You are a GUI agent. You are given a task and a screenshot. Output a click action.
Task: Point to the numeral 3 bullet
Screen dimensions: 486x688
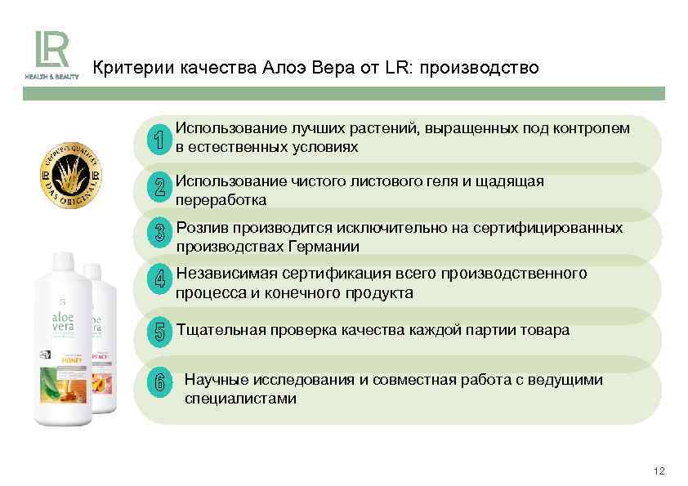tap(159, 233)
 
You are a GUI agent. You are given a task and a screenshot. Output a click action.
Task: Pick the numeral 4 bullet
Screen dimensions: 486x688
tap(159, 279)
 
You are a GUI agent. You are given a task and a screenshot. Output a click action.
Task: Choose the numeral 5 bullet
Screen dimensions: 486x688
tap(159, 332)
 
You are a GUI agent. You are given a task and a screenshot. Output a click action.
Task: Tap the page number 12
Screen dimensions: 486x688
tap(659, 471)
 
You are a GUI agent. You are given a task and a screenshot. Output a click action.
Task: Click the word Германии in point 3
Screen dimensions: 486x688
tap(327, 246)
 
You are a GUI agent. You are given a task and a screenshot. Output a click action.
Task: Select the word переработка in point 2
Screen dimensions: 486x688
tap(221, 200)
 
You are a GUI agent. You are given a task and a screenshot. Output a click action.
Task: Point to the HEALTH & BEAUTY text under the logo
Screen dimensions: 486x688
tap(51, 77)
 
